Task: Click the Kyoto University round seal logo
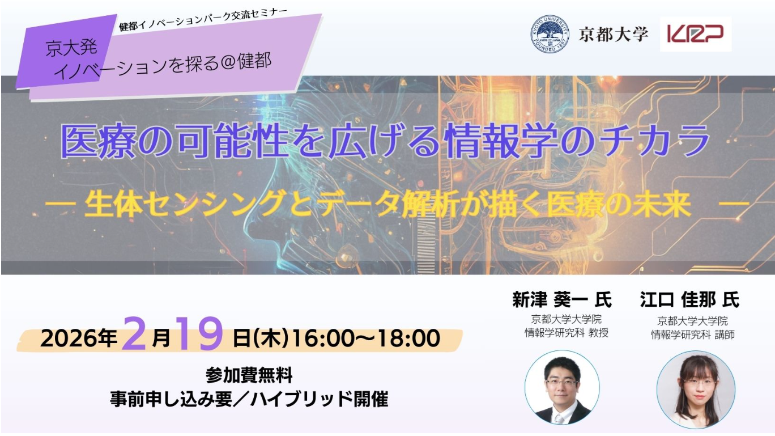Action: coord(550,34)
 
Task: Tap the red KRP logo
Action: coord(695,34)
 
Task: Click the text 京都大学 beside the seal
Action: coord(614,34)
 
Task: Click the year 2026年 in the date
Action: coord(79,338)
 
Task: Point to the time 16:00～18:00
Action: coord(366,338)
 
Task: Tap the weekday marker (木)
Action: coord(271,338)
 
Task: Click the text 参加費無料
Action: coord(249,375)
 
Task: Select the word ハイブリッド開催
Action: coord(319,399)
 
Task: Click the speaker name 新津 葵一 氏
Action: coord(561,299)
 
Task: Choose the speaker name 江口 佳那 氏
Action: coord(689,299)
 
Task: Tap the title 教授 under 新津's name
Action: coord(598,333)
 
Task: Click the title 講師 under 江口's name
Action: coord(724,335)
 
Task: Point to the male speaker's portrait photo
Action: coord(562,387)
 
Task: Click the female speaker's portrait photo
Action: coord(696,390)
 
